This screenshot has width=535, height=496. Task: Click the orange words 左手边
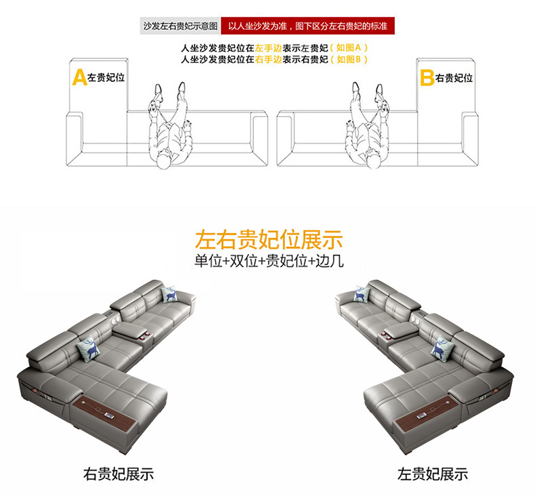(x=267, y=49)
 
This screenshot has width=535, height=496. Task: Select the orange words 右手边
(x=267, y=60)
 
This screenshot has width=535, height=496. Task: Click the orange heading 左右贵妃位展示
(x=268, y=239)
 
